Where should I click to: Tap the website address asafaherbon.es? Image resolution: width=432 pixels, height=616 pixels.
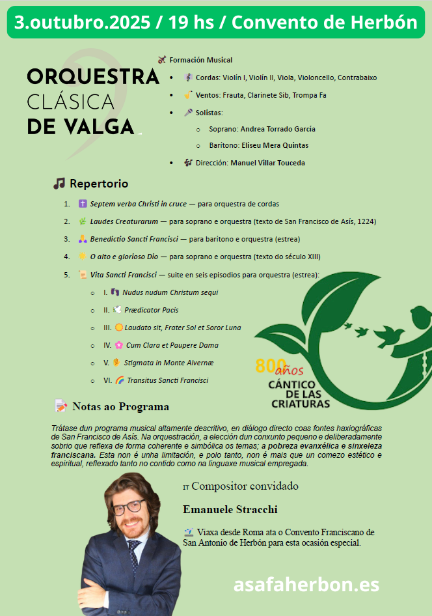pyautogui.click(x=306, y=584)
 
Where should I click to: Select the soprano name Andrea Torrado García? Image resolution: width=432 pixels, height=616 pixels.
pyautogui.click(x=278, y=129)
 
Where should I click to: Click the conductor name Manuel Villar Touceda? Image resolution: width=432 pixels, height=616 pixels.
pyautogui.click(x=267, y=163)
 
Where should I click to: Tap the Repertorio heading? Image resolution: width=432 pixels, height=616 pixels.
pyautogui.click(x=98, y=184)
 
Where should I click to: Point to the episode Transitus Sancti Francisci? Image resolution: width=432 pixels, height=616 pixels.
pyautogui.click(x=167, y=380)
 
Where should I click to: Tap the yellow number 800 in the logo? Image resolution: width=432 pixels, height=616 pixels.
pyautogui.click(x=267, y=366)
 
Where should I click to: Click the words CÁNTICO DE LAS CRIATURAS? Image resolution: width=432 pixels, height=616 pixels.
pyautogui.click(x=299, y=393)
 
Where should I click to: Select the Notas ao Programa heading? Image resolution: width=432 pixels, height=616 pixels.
pyautogui.click(x=120, y=407)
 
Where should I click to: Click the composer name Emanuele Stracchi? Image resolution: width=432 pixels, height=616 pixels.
pyautogui.click(x=230, y=509)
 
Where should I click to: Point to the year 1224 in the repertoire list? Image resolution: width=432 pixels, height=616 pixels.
pyautogui.click(x=365, y=221)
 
